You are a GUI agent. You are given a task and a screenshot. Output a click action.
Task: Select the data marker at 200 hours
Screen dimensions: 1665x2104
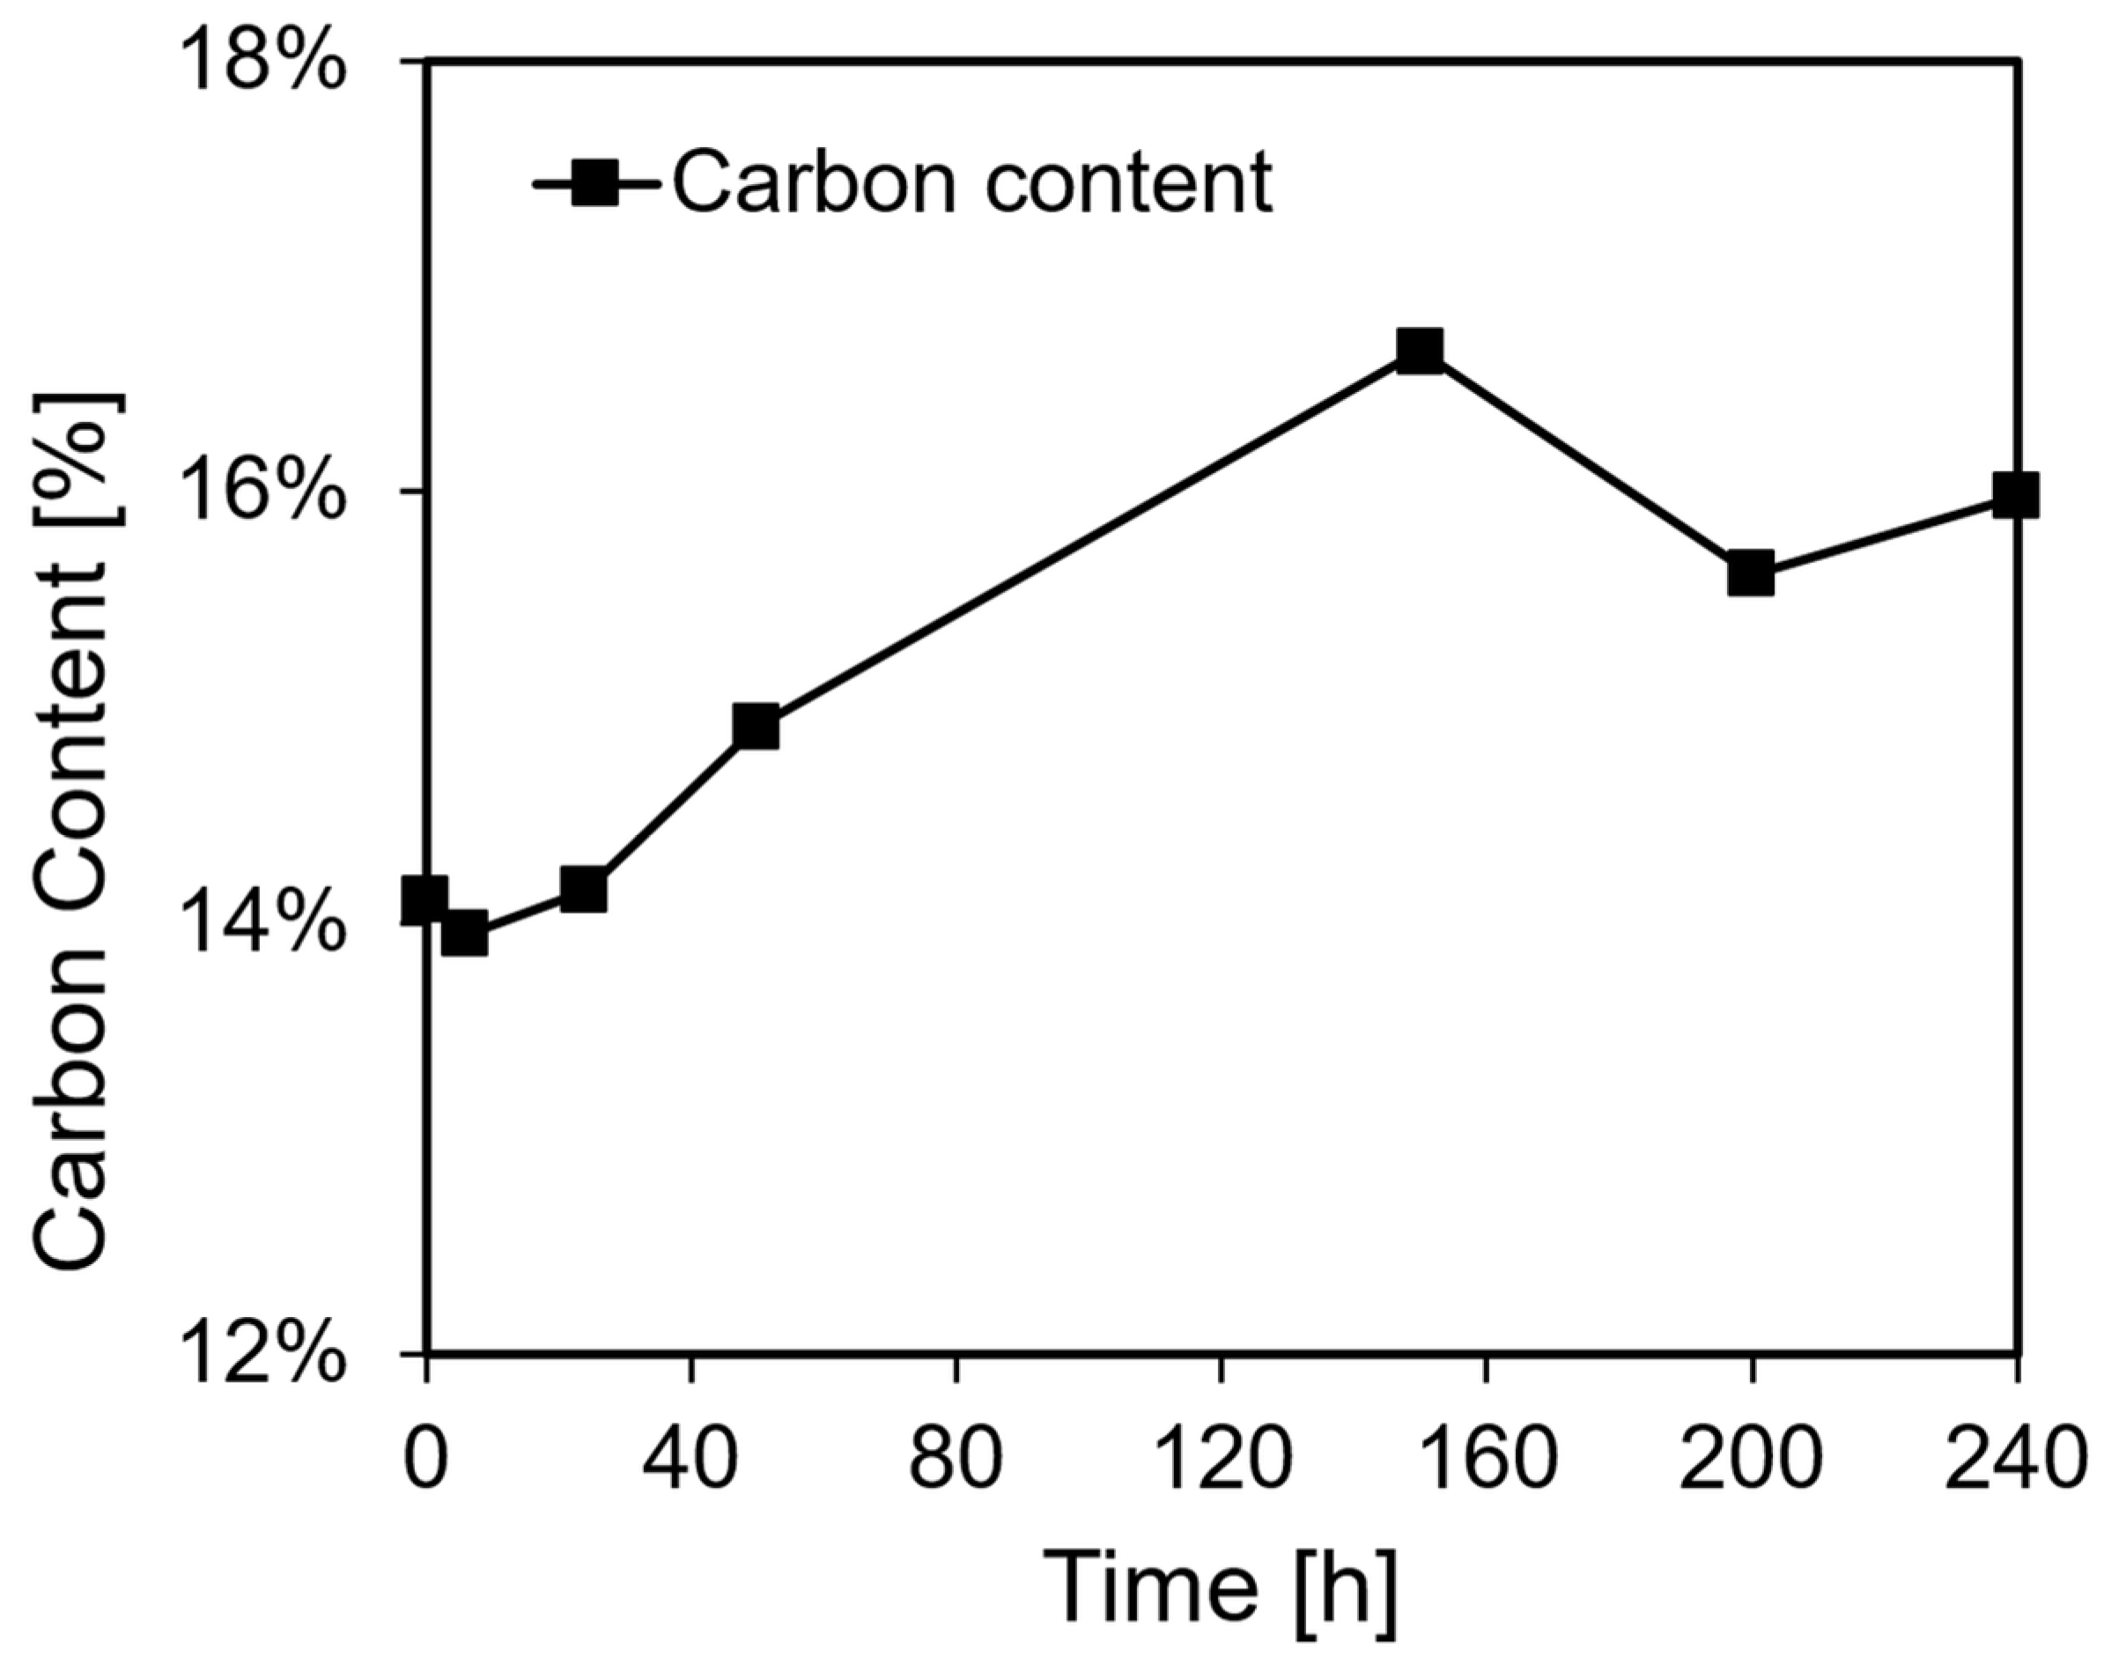pos(1751,573)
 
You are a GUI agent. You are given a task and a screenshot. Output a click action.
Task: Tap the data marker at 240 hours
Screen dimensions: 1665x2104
pos(2014,495)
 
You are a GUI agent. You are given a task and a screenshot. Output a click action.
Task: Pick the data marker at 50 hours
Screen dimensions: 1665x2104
pos(757,727)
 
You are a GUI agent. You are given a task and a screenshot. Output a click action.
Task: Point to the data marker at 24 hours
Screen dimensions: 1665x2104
pos(584,890)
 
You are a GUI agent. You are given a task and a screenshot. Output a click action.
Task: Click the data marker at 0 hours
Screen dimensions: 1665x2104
pos(426,899)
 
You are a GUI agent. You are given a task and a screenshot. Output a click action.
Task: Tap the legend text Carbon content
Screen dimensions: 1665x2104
pos(971,183)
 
